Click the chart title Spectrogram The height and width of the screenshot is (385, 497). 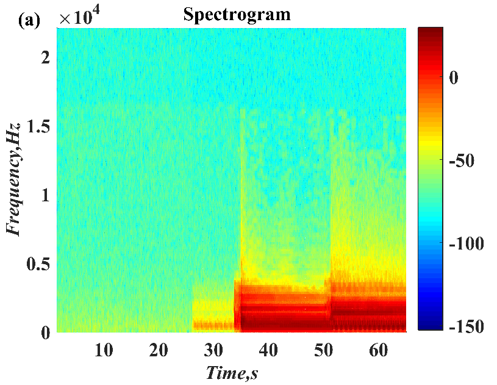click(x=237, y=15)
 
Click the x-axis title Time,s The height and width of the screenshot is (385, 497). click(x=232, y=372)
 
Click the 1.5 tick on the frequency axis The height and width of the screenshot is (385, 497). click(x=38, y=127)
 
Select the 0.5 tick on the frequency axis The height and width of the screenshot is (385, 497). click(x=38, y=264)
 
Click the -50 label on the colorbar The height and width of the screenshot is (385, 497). click(x=467, y=160)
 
